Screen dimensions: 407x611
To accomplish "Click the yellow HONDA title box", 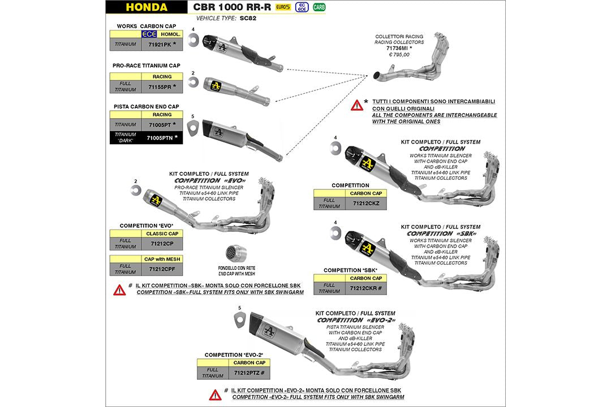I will click(x=147, y=7).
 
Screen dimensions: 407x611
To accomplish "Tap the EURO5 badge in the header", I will click(x=283, y=7).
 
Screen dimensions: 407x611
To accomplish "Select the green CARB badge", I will click(x=320, y=7).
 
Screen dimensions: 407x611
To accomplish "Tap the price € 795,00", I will click(x=399, y=55).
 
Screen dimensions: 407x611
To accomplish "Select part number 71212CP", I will click(x=162, y=244).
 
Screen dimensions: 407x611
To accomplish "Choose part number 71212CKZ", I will click(x=365, y=203).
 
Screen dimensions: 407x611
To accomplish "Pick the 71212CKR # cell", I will click(x=366, y=288).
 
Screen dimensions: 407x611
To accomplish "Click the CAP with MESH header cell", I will click(x=162, y=259).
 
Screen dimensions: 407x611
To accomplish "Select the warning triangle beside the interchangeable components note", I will click(x=357, y=105).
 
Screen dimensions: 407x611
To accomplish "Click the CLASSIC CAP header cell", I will click(x=162, y=233).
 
